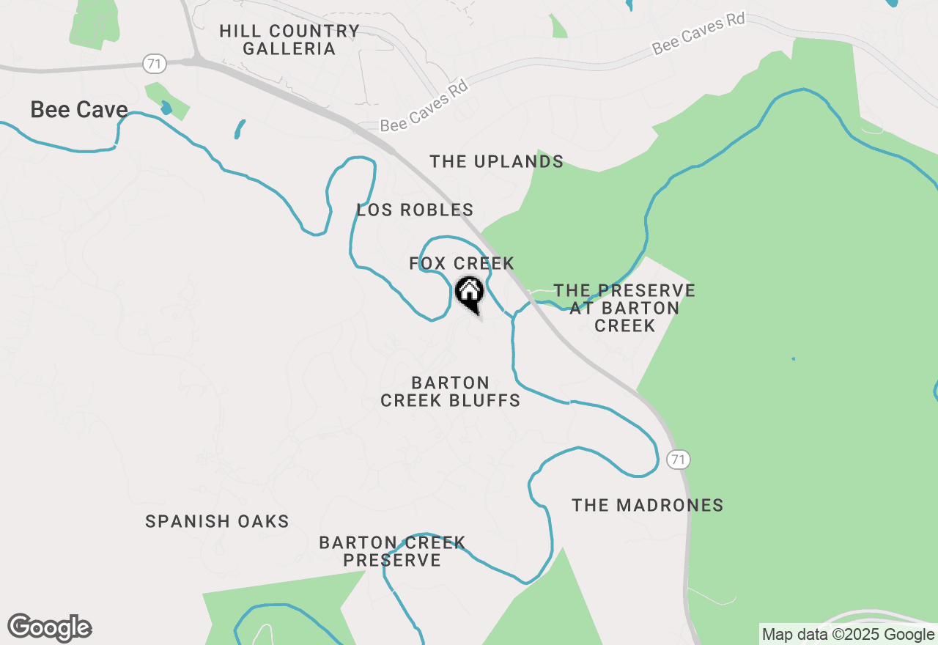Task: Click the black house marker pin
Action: pos(470,293)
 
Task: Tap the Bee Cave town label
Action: pos(79,110)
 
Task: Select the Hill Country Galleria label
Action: pos(289,40)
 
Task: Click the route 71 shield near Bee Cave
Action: pos(154,64)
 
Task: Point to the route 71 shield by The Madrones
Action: pos(678,460)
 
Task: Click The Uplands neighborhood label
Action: pos(496,161)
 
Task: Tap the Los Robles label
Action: pos(415,210)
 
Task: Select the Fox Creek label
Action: pos(462,263)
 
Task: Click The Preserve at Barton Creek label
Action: pos(624,308)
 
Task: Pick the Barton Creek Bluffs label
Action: pos(451,391)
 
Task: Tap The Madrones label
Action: pos(647,505)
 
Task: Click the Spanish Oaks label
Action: pos(217,521)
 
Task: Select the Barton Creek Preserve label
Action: pos(392,551)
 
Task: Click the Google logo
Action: pos(50,628)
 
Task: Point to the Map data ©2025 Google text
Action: pos(848,635)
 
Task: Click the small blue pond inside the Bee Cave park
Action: pos(166,107)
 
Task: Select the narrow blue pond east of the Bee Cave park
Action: pos(239,130)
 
